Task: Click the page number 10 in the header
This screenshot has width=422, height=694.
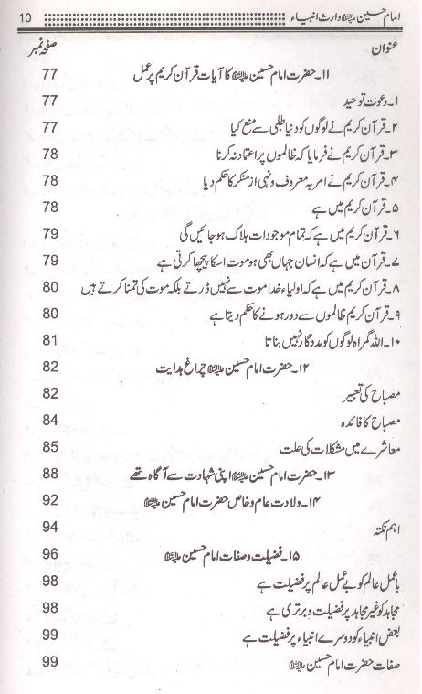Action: point(25,17)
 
